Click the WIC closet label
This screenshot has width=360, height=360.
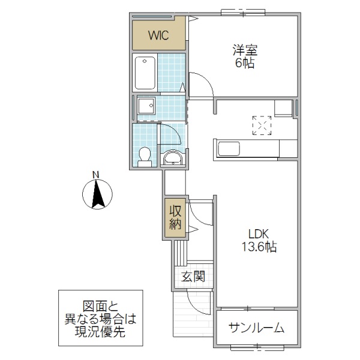pyautogui.click(x=159, y=35)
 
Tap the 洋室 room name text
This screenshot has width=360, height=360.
pyautogui.click(x=244, y=50)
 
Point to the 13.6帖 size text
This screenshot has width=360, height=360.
pyautogui.click(x=258, y=246)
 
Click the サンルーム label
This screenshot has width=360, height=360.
pyautogui.click(x=256, y=328)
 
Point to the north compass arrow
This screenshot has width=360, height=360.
pyautogui.click(x=96, y=196)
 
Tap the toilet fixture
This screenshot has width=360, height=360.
pyautogui.click(x=144, y=157)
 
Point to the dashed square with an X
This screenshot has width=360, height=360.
pyautogui.click(x=262, y=125)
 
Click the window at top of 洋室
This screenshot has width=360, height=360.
pyautogui.click(x=242, y=11)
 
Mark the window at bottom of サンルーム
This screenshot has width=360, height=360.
pyautogui.click(x=256, y=346)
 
